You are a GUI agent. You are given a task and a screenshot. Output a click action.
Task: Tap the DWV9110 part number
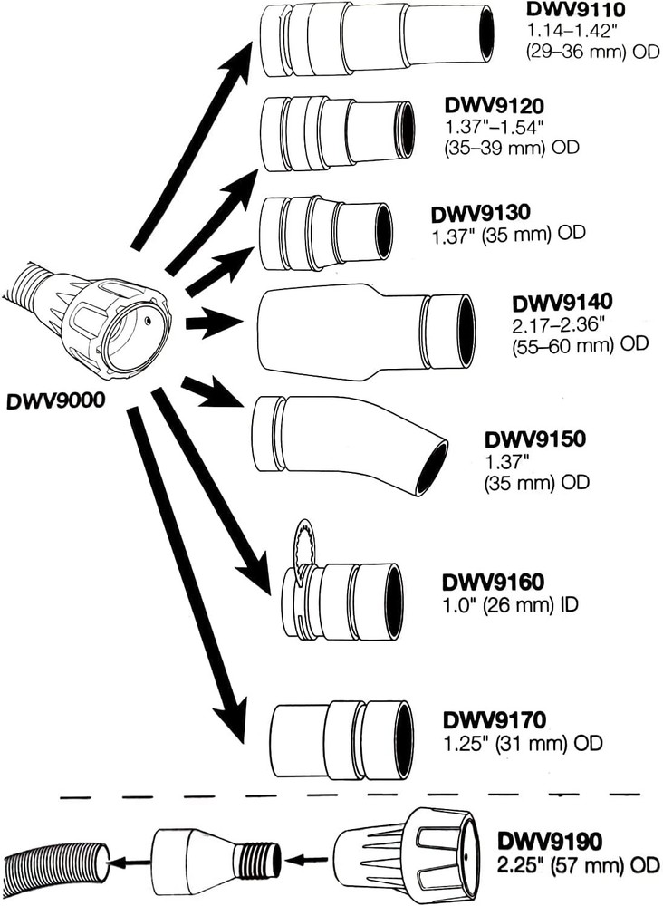pos(566,10)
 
